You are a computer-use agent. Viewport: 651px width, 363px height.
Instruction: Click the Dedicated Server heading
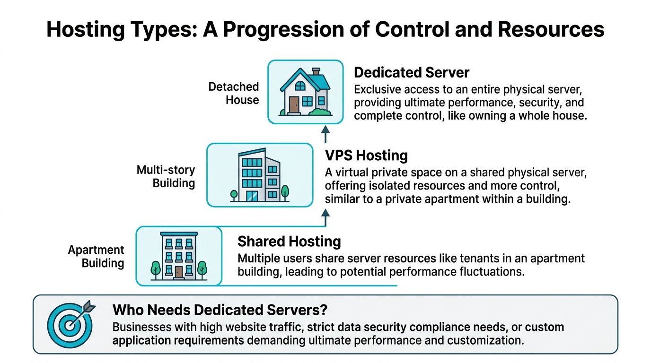tap(411, 72)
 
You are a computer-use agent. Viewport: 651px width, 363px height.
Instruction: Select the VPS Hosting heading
tap(366, 155)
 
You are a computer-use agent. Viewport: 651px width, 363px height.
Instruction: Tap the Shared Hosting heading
tap(289, 242)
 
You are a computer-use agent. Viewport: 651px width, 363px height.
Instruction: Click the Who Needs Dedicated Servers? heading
tap(220, 310)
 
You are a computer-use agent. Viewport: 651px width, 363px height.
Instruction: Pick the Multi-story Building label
tap(166, 176)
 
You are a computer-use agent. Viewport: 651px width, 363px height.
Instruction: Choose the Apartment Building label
tap(96, 256)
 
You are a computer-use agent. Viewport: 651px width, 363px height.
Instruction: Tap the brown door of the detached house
tap(294, 104)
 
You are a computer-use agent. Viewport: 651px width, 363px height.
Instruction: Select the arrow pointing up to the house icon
tap(325, 134)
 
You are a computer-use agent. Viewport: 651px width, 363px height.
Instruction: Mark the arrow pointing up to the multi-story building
tap(325, 218)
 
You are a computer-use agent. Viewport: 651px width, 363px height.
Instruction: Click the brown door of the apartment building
tap(178, 272)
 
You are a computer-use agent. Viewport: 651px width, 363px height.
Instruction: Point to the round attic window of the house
tap(300, 86)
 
